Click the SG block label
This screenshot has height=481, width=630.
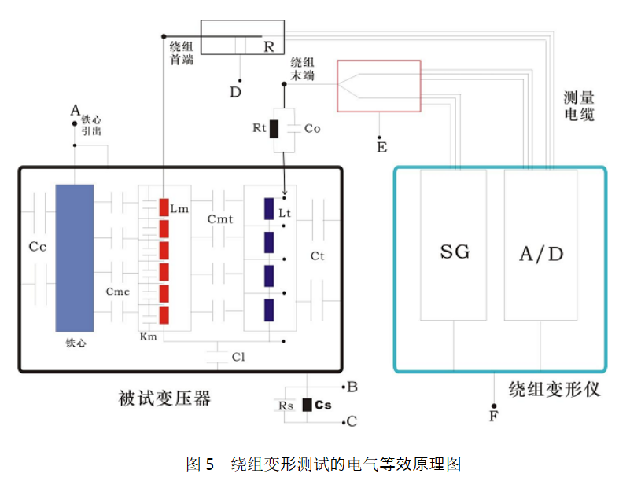tap(455, 252)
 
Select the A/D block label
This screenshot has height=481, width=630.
tap(542, 253)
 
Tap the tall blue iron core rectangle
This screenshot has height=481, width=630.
tap(75, 258)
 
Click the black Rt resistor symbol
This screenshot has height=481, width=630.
tap(274, 128)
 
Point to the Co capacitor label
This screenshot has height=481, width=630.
tap(312, 128)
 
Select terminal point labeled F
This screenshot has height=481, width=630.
tap(494, 415)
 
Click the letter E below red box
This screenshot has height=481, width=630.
tap(382, 147)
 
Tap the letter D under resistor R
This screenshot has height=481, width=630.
tap(235, 93)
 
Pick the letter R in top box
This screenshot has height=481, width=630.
tap(269, 47)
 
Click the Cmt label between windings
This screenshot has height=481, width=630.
tap(220, 219)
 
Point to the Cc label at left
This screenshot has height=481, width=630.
tap(38, 246)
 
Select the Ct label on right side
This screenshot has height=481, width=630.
tap(317, 255)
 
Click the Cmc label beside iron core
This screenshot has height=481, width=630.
tap(117, 292)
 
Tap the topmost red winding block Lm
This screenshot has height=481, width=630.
tap(164, 207)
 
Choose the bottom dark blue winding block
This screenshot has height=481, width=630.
tap(269, 310)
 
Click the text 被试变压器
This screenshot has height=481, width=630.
tap(164, 398)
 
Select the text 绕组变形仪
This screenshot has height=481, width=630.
tap(554, 389)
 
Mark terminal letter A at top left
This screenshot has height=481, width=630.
tap(75, 110)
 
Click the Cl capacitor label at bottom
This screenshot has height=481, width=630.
tap(238, 357)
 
